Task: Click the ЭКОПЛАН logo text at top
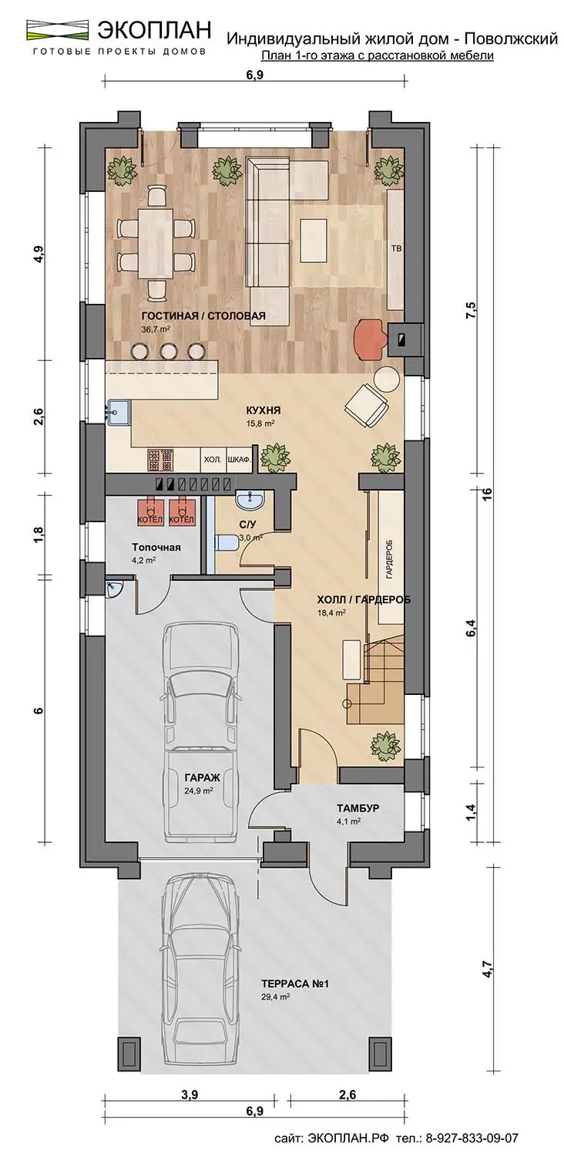coord(154,30)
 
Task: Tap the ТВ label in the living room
coord(396,249)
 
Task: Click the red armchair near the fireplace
coord(368,339)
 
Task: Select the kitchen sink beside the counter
coord(119,412)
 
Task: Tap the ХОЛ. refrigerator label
coord(213,459)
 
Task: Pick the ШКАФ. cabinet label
coord(239,459)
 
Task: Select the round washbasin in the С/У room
coord(250,500)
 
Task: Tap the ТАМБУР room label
coord(358,808)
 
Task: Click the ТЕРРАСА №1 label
coord(294,984)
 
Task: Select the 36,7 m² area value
coord(156,329)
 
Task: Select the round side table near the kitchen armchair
coord(386,380)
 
